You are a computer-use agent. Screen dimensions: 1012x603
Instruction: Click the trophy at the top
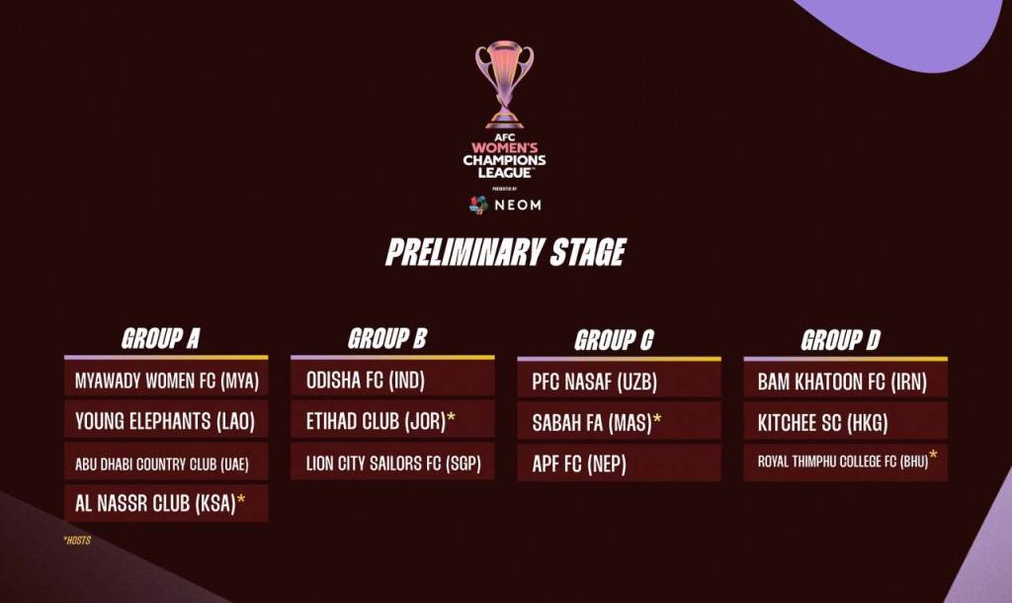[x=505, y=84]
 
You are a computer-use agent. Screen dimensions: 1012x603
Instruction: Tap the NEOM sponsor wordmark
[x=518, y=206]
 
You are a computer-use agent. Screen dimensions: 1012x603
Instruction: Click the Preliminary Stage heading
[x=505, y=252]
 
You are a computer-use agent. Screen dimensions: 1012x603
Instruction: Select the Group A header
[x=161, y=339]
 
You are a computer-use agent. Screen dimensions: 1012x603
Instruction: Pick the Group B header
[x=387, y=339]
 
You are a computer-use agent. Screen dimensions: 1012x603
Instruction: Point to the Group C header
[x=614, y=340]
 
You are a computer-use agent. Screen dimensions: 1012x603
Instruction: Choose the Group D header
[x=840, y=340]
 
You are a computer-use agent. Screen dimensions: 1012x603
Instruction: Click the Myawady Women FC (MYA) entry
[x=166, y=381]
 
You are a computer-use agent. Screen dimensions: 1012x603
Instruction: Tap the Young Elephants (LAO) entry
[x=165, y=421]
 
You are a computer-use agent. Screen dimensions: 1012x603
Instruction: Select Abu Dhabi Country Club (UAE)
[x=161, y=465]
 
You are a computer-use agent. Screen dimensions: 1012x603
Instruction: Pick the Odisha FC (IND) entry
[x=366, y=381]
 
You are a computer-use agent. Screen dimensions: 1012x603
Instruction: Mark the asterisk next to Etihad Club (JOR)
[x=451, y=417]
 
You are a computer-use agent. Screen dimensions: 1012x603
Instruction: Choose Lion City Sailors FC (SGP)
[x=393, y=463]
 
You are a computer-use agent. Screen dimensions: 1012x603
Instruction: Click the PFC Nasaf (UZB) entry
[x=594, y=383]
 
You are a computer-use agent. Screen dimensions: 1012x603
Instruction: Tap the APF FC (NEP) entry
[x=579, y=464]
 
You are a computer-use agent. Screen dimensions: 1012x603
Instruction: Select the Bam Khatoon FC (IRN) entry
[x=842, y=383]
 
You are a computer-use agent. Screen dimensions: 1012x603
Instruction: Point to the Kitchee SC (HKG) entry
[x=823, y=423]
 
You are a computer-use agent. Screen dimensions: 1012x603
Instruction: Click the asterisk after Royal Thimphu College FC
[x=933, y=457]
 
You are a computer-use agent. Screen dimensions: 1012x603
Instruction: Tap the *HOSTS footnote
[x=77, y=540]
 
